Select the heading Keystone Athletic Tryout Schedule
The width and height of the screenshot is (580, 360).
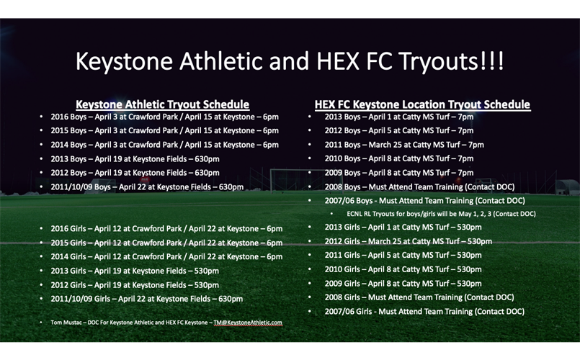(162, 104)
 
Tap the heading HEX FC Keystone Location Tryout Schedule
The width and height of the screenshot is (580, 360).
(422, 104)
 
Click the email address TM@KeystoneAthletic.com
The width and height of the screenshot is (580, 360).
(248, 323)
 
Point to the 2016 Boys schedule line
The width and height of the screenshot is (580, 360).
(164, 117)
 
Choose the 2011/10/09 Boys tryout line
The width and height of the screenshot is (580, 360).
(147, 187)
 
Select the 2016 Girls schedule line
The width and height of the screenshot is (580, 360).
(166, 229)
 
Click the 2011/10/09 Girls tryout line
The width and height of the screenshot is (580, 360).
(147, 299)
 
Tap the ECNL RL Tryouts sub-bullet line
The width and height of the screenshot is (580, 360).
(441, 214)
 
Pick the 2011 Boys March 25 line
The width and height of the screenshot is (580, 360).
(404, 145)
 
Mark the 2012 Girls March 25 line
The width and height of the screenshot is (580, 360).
(409, 241)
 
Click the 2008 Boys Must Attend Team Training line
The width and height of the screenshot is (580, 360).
(419, 187)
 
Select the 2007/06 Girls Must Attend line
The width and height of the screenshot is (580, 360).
(424, 312)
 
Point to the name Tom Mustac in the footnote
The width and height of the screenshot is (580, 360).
(66, 323)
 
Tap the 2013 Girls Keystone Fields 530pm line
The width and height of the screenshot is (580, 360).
(135, 271)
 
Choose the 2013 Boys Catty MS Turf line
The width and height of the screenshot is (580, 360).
(399, 117)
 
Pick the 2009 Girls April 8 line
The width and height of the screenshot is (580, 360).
(403, 284)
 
